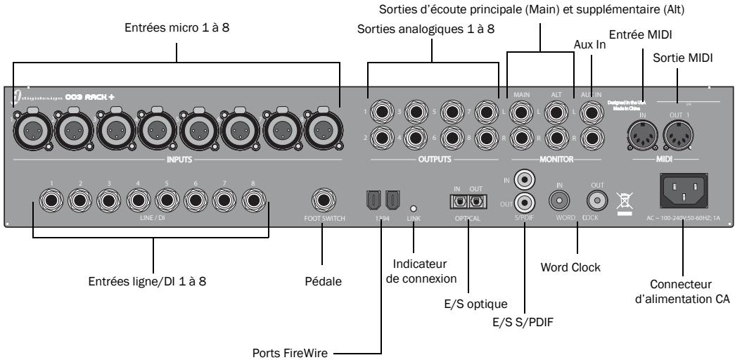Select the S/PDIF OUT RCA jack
pos(523,203)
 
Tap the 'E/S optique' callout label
pos(461,304)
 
